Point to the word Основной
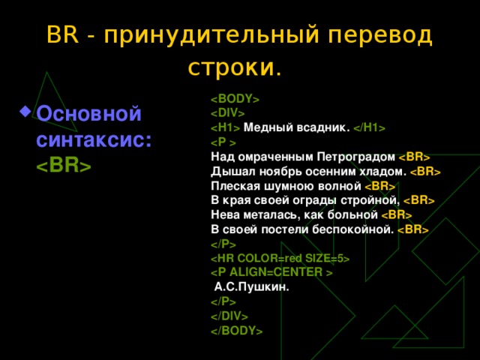tap(88, 115)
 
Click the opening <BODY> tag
tap(235, 99)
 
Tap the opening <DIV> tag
tap(228, 113)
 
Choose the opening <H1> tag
tap(225, 127)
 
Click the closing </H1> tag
tap(370, 127)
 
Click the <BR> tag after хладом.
tap(424, 172)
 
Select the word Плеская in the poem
tap(231, 186)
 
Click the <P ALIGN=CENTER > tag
tap(271, 272)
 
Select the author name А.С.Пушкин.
tap(251, 286)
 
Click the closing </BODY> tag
tap(237, 330)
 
